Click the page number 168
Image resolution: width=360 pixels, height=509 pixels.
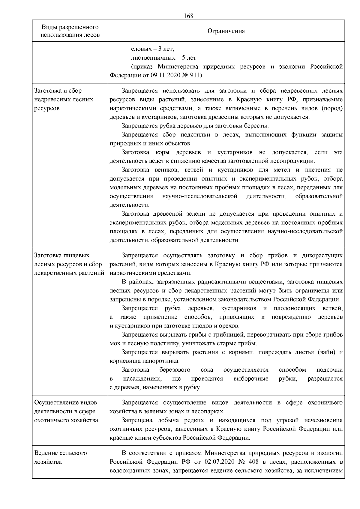click(x=188, y=16)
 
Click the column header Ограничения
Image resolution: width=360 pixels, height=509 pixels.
click(x=226, y=31)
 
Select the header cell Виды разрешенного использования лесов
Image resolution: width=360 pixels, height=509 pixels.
click(x=70, y=31)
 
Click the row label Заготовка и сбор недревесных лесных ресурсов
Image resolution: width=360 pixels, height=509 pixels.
click(x=64, y=99)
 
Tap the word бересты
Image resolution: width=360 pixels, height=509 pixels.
click(x=257, y=126)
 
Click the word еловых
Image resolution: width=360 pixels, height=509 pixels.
click(x=139, y=49)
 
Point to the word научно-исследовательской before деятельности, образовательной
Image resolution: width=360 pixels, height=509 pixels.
click(x=200, y=196)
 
